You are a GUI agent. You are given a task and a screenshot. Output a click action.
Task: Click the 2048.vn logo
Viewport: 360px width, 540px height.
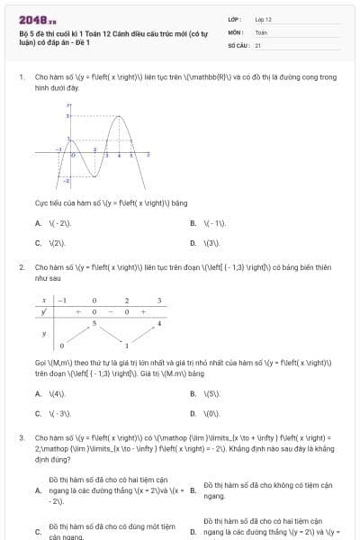click(x=37, y=20)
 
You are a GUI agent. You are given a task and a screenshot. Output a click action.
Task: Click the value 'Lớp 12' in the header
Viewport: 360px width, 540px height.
click(x=263, y=19)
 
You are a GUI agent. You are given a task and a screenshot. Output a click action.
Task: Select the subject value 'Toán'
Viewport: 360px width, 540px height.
click(x=261, y=31)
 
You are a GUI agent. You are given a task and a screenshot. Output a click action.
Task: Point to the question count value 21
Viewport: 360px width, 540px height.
click(x=258, y=44)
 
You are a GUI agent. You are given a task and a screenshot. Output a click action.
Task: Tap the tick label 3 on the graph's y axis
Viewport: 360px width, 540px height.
click(x=67, y=116)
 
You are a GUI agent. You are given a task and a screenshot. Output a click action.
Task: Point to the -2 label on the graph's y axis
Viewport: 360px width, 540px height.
click(x=66, y=182)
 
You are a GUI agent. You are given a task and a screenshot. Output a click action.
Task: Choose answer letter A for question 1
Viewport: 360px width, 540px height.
click(x=38, y=223)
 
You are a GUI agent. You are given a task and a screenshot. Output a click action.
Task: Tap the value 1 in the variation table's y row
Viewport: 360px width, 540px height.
click(x=127, y=346)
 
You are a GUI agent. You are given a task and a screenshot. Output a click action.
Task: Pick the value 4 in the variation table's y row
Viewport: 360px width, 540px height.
click(x=159, y=322)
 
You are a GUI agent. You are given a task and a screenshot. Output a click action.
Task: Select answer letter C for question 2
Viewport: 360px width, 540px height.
click(x=38, y=413)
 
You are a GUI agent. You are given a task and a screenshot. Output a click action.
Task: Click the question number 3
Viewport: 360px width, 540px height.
click(x=21, y=437)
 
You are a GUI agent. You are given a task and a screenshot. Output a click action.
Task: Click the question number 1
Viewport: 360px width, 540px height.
click(x=21, y=77)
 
